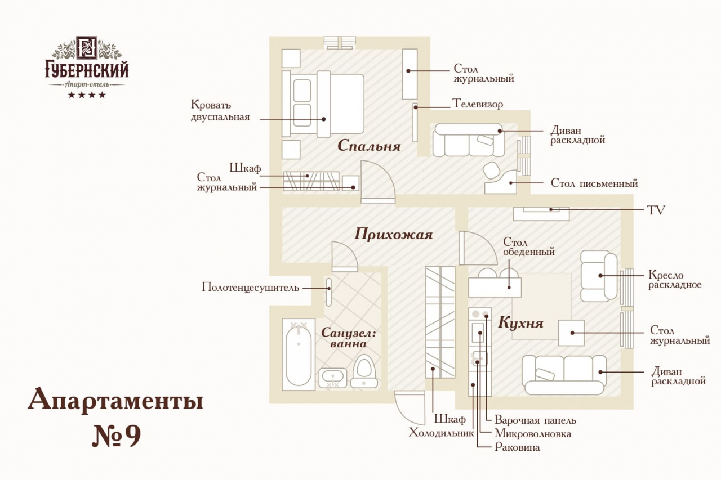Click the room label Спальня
coord(369,146)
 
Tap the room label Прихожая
coord(393,234)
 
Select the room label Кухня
coord(520,323)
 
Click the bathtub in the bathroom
coord(298,355)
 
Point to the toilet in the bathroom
coord(364,371)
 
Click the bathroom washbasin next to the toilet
coord(332,378)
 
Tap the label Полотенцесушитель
coord(250,288)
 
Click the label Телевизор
coord(478,104)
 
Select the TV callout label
coord(656,210)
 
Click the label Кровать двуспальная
coord(220,111)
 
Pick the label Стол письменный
coord(594,183)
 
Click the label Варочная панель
coord(535,420)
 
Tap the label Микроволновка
coord(532,434)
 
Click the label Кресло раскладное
coord(675,280)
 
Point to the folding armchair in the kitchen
coord(598,276)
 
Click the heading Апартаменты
coord(115,401)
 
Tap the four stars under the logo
coord(87,95)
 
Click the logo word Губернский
coord(87,70)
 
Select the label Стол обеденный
coord(529,247)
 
